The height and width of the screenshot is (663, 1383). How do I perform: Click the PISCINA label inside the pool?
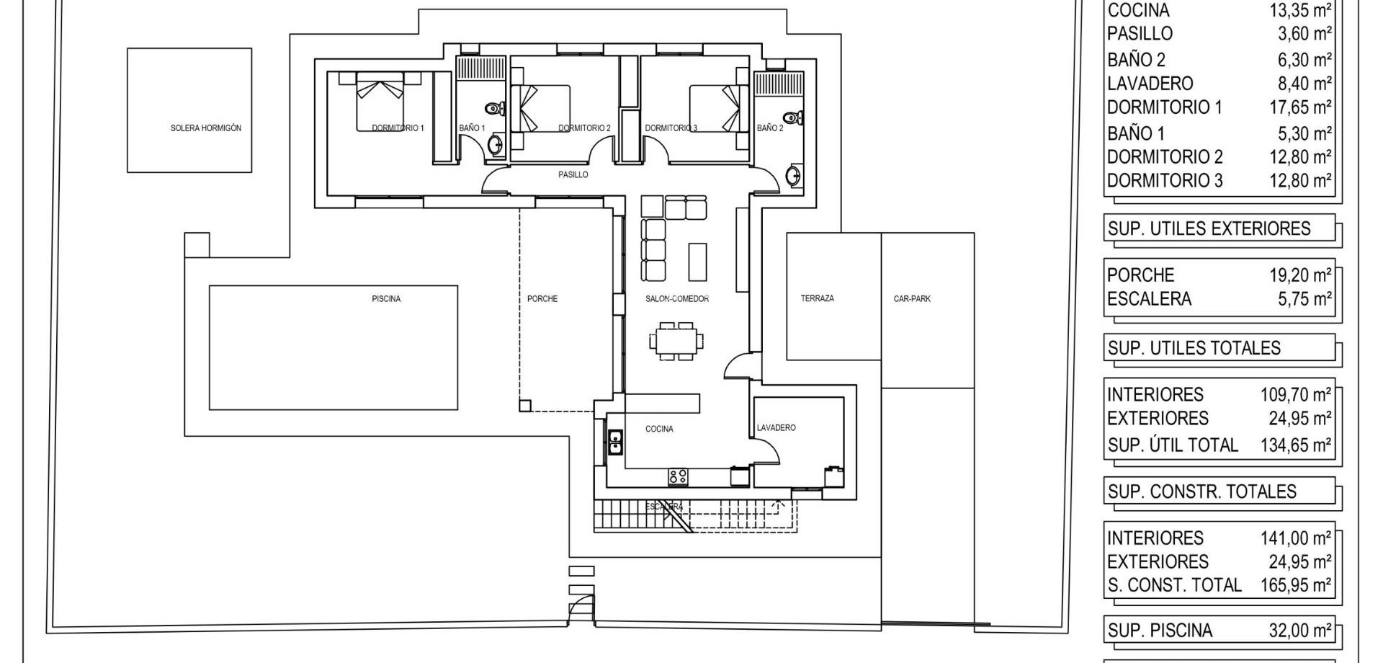(386, 298)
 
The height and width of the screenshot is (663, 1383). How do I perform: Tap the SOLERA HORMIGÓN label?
(206, 128)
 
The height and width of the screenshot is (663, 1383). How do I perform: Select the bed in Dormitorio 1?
(380, 102)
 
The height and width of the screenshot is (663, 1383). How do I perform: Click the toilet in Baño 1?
(495, 109)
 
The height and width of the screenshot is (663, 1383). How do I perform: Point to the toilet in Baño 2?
(793, 117)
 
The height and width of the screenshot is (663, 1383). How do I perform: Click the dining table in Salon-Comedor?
(676, 341)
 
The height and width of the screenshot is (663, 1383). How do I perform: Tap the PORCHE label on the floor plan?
(542, 298)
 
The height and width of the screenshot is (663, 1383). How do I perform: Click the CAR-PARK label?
(912, 298)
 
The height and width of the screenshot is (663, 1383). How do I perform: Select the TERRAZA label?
(818, 298)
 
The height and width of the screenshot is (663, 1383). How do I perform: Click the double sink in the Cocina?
(615, 442)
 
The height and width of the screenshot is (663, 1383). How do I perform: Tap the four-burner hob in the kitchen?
(677, 476)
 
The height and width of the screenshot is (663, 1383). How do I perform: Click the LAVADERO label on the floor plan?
(776, 427)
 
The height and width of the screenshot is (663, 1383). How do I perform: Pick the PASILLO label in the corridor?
(573, 174)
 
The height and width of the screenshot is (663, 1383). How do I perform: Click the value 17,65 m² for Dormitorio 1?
(1300, 107)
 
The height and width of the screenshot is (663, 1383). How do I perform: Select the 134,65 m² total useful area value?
(1295, 445)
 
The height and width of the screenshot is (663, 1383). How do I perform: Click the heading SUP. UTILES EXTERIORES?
(1209, 228)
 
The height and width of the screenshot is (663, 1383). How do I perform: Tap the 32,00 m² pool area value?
(1300, 631)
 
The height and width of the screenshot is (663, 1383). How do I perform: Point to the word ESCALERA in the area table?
(1149, 298)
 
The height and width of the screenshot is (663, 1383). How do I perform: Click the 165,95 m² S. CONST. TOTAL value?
(1295, 585)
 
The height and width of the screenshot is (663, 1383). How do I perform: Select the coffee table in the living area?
(697, 262)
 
